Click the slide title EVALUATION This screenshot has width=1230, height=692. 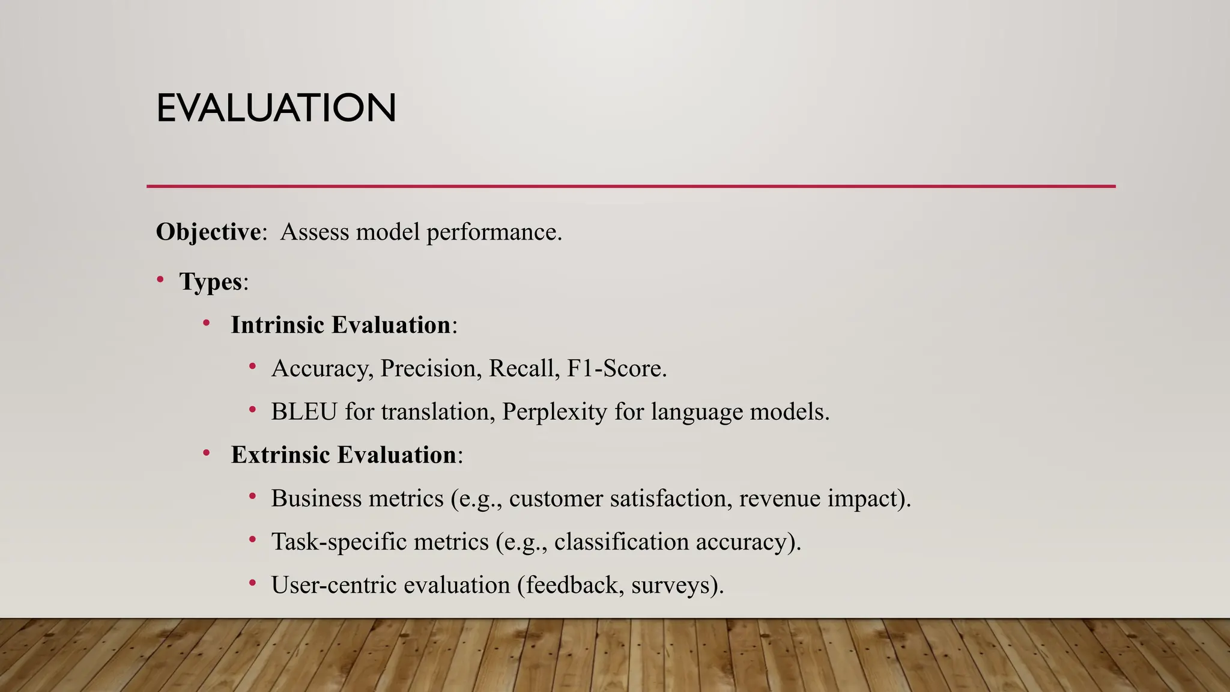point(276,108)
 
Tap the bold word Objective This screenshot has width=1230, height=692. point(208,232)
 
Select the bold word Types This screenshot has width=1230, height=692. point(210,281)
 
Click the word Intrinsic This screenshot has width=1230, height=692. point(277,325)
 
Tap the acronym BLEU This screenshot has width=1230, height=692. point(304,411)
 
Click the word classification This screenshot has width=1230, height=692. point(621,542)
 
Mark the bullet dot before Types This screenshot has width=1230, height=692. point(160,279)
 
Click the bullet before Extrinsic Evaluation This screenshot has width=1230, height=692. point(207,453)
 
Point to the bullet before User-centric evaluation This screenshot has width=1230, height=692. point(253,583)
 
